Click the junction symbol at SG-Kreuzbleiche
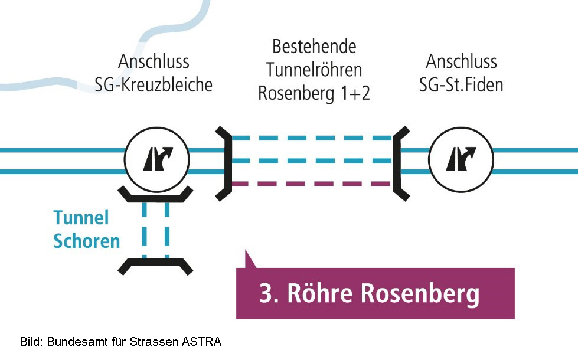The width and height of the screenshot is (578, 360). (x=156, y=159)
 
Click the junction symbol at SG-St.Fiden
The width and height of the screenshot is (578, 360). (x=461, y=159)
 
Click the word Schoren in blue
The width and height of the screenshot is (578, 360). (x=86, y=241)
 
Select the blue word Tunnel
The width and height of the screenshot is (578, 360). (x=81, y=218)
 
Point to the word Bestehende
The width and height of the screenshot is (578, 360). (x=314, y=47)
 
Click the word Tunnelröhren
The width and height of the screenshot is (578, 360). (x=314, y=70)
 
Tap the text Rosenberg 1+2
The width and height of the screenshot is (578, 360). (x=314, y=93)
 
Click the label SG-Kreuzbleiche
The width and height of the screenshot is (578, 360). (x=154, y=84)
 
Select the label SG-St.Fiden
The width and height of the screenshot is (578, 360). (x=461, y=84)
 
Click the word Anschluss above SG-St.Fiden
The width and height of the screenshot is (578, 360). (x=461, y=61)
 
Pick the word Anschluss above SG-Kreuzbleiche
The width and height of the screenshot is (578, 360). (x=154, y=61)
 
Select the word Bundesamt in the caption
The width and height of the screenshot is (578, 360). (x=74, y=342)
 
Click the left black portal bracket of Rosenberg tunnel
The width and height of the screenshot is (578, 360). (x=224, y=162)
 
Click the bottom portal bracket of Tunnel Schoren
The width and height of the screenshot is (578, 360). (x=155, y=265)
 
